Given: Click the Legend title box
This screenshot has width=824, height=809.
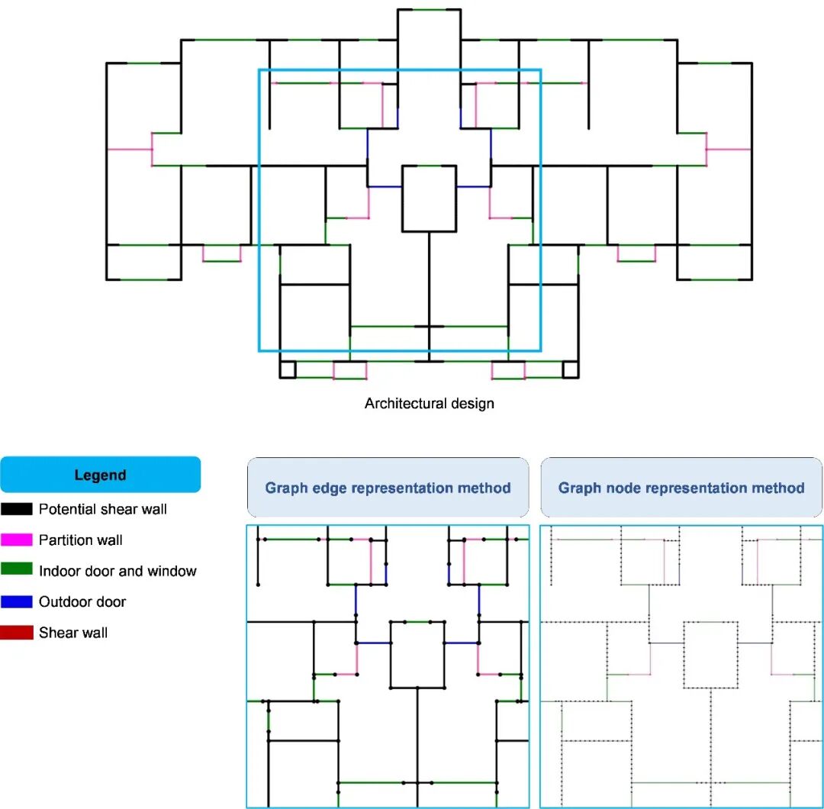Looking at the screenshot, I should point(100,475).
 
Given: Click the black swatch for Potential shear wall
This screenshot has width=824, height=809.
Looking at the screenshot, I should point(16,509).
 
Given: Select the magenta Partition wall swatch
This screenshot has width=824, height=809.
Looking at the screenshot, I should point(16,540).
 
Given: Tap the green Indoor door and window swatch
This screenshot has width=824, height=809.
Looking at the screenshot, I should point(16,571).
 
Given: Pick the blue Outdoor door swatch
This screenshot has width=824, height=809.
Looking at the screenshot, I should point(16,601).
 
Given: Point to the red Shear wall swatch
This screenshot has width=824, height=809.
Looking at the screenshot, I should point(16,633).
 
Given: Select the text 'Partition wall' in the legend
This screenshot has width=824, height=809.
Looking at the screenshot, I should point(80,540).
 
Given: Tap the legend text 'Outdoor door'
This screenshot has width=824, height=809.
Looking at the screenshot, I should point(82,601).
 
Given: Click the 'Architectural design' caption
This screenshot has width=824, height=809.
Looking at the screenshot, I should point(429,404).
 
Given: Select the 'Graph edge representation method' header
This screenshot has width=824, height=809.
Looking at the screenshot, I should point(388,488).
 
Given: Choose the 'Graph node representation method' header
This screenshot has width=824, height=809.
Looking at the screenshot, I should point(681,488).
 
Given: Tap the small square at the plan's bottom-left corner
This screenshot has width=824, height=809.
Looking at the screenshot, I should point(288,370).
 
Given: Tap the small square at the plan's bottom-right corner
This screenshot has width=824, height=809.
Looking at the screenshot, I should point(570,370).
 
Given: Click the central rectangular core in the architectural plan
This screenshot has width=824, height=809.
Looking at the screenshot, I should point(429,198).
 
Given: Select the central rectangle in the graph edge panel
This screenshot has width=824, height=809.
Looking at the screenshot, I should point(417,655).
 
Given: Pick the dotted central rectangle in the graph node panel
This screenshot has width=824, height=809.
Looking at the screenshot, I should point(711,655).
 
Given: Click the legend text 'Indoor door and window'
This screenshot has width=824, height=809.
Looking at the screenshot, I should point(117,571).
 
